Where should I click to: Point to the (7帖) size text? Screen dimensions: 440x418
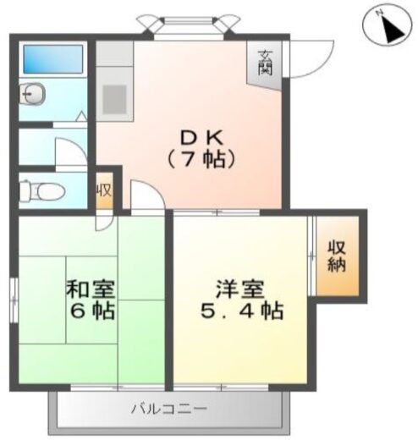click(200, 157)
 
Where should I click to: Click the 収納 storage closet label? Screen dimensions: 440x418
click(338, 256)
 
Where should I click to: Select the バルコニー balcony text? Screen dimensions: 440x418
click(168, 410)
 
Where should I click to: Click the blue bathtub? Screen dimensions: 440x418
click(52, 59)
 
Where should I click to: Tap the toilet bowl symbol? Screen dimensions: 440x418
click(38, 190)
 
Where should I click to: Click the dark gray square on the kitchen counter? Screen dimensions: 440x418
click(114, 97)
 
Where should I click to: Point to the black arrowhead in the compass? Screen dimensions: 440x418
click(392, 32)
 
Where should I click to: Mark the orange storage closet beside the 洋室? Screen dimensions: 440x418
click(338, 256)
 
